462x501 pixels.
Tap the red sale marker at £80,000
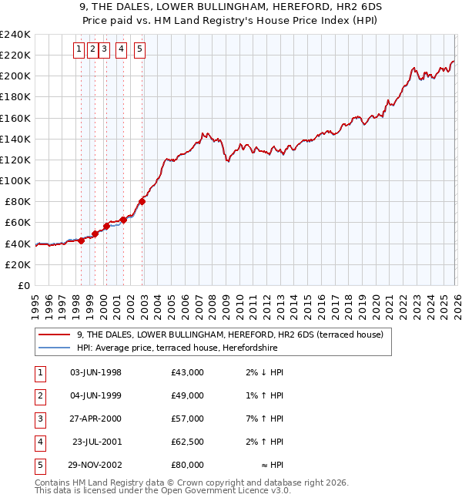[142, 202]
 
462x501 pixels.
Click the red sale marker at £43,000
[81, 240]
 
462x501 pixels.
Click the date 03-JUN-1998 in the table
[95, 372]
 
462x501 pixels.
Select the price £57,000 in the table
[188, 419]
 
